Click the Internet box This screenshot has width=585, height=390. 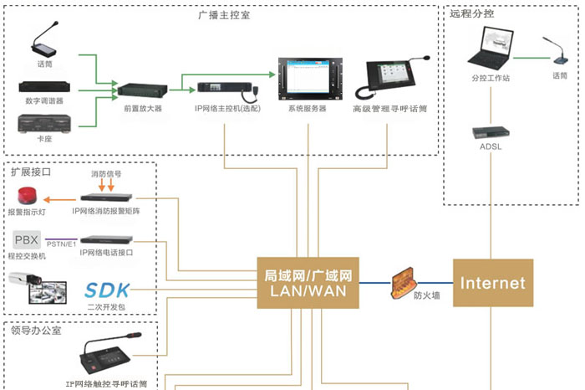coord(492,283)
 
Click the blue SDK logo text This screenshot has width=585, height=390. coord(108,290)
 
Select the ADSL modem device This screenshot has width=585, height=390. coord(489,132)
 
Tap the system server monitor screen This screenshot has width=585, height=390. coord(307,78)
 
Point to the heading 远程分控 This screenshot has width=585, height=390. coord(472,13)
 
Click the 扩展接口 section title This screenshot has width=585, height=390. coord(31,172)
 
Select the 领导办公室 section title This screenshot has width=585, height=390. coord(38,330)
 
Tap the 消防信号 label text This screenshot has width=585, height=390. coord(106,174)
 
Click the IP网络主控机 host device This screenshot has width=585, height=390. coord(226,88)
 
